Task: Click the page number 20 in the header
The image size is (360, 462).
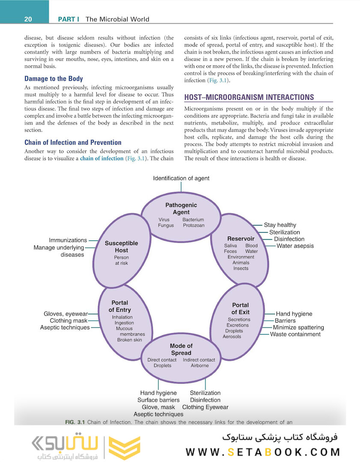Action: point(28,19)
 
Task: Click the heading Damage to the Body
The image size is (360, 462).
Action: point(54,79)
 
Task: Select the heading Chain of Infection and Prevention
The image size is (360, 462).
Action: point(73,142)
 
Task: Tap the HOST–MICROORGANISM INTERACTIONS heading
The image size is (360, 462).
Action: point(249,97)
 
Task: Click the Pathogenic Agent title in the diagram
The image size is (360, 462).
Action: point(181,209)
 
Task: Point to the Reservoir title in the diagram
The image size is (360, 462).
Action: point(241,238)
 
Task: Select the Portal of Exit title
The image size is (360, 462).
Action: point(240,308)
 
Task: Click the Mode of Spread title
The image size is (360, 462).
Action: point(181,349)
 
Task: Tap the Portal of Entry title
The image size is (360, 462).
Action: point(120,306)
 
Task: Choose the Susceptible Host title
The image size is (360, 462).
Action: point(121,246)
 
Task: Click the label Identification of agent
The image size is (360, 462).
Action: point(181,178)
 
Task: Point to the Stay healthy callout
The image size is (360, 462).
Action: point(280,225)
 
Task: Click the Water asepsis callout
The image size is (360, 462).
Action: point(295,246)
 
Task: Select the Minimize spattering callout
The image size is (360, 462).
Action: point(298,327)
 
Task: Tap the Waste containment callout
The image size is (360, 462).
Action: point(295,334)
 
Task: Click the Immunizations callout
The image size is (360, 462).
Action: point(68,240)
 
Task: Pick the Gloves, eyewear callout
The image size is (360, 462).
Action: point(65,314)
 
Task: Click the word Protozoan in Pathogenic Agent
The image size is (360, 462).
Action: point(193,225)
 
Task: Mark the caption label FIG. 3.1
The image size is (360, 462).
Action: point(75,422)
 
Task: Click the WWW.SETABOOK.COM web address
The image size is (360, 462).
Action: point(263,452)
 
